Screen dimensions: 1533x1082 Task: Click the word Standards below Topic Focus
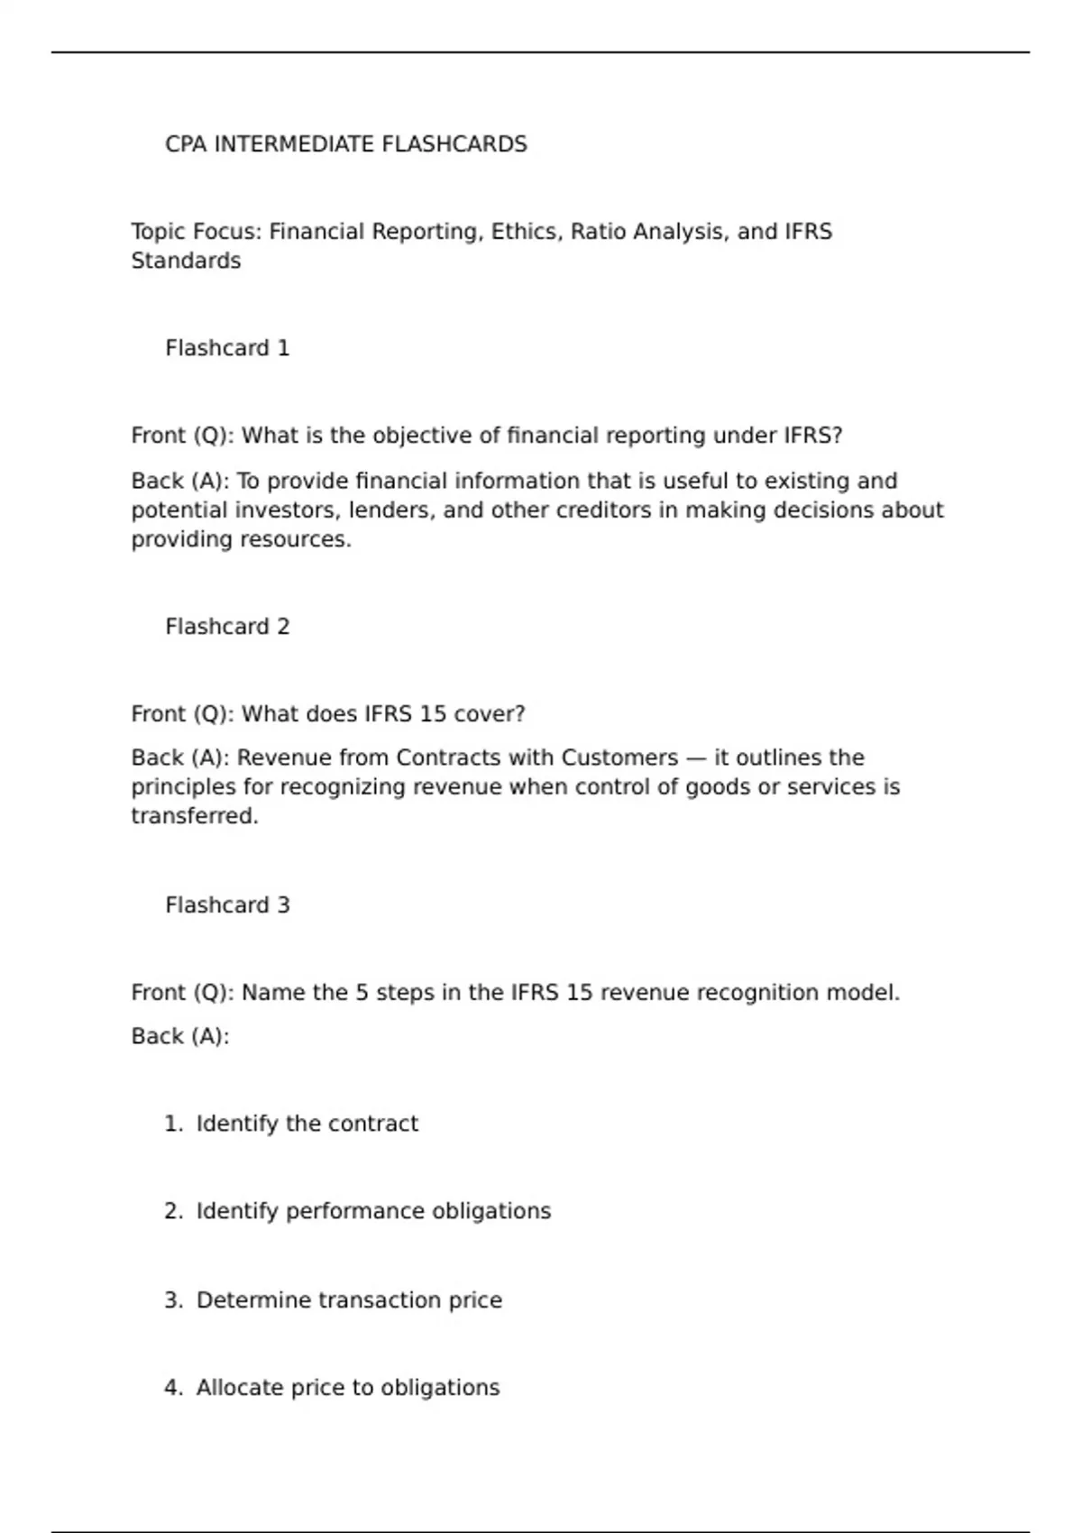coord(186,261)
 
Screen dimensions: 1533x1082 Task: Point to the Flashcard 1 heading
coord(227,348)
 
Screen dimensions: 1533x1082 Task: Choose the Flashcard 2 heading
coord(227,627)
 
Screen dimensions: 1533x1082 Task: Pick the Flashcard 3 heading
coord(227,905)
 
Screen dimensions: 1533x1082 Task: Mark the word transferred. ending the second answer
coord(195,816)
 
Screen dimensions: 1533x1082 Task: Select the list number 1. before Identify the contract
coord(174,1124)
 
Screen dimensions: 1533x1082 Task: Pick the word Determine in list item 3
coord(253,1300)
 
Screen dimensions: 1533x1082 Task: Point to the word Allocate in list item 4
coord(239,1388)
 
